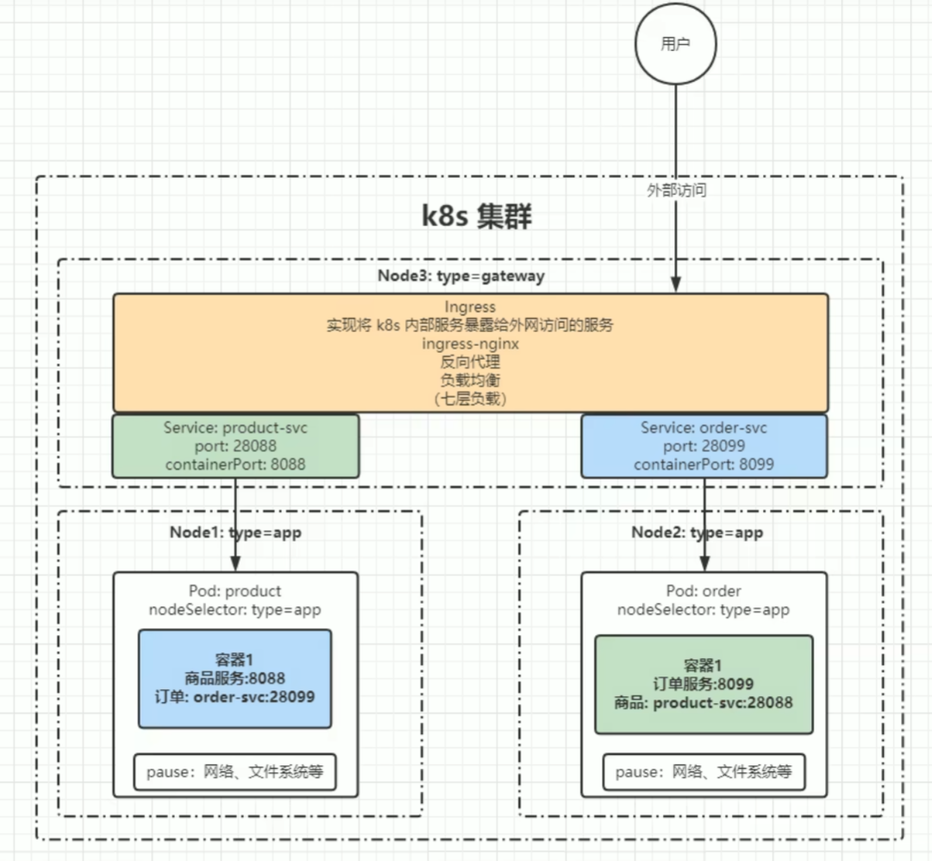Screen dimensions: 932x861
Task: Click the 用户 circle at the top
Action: click(675, 43)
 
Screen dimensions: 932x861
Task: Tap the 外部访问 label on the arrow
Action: click(677, 191)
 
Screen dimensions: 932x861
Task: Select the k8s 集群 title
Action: click(477, 216)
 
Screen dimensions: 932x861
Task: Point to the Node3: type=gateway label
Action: click(461, 276)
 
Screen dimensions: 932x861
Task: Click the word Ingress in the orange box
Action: click(470, 307)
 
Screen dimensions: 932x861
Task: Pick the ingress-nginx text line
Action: click(470, 343)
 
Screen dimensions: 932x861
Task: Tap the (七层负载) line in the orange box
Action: click(470, 399)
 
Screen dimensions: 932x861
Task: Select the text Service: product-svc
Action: click(235, 428)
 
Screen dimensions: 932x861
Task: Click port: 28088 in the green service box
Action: click(235, 446)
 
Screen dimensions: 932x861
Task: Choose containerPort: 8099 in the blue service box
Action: click(704, 464)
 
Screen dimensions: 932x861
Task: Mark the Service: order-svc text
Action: click(704, 428)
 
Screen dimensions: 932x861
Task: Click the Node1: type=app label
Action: click(235, 532)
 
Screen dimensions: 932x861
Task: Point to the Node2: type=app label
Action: click(697, 532)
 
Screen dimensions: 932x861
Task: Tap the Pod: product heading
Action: click(235, 591)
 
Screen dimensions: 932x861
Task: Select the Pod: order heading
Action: click(704, 591)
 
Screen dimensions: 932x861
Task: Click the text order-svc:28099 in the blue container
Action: click(254, 697)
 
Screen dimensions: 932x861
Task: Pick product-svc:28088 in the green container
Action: click(722, 703)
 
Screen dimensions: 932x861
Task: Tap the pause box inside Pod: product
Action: click(235, 772)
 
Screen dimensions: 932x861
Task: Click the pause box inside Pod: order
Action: click(704, 772)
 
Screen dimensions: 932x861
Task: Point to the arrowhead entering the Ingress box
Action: click(676, 284)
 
